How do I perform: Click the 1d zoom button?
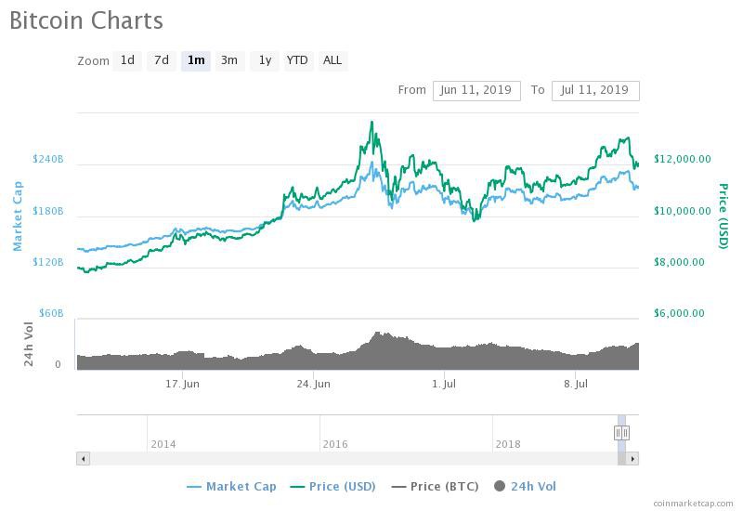pos(127,60)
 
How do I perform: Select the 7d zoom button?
pos(162,60)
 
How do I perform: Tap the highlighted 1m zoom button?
pos(196,60)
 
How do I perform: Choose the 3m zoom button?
pos(228,60)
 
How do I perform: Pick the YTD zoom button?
pos(297,60)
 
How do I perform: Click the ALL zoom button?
pos(332,60)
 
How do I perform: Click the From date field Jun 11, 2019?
pos(476,90)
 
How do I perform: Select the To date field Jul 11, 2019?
pos(594,90)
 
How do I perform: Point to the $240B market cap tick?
pos(48,159)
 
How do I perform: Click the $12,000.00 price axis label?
pos(683,159)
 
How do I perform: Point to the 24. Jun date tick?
pos(314,384)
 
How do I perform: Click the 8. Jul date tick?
pos(577,384)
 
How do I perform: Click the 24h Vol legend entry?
pos(527,486)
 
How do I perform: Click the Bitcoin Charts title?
pos(86,20)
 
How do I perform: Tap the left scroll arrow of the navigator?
pos(83,458)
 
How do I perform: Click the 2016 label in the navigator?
pos(335,444)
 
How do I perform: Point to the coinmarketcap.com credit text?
pos(693,503)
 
